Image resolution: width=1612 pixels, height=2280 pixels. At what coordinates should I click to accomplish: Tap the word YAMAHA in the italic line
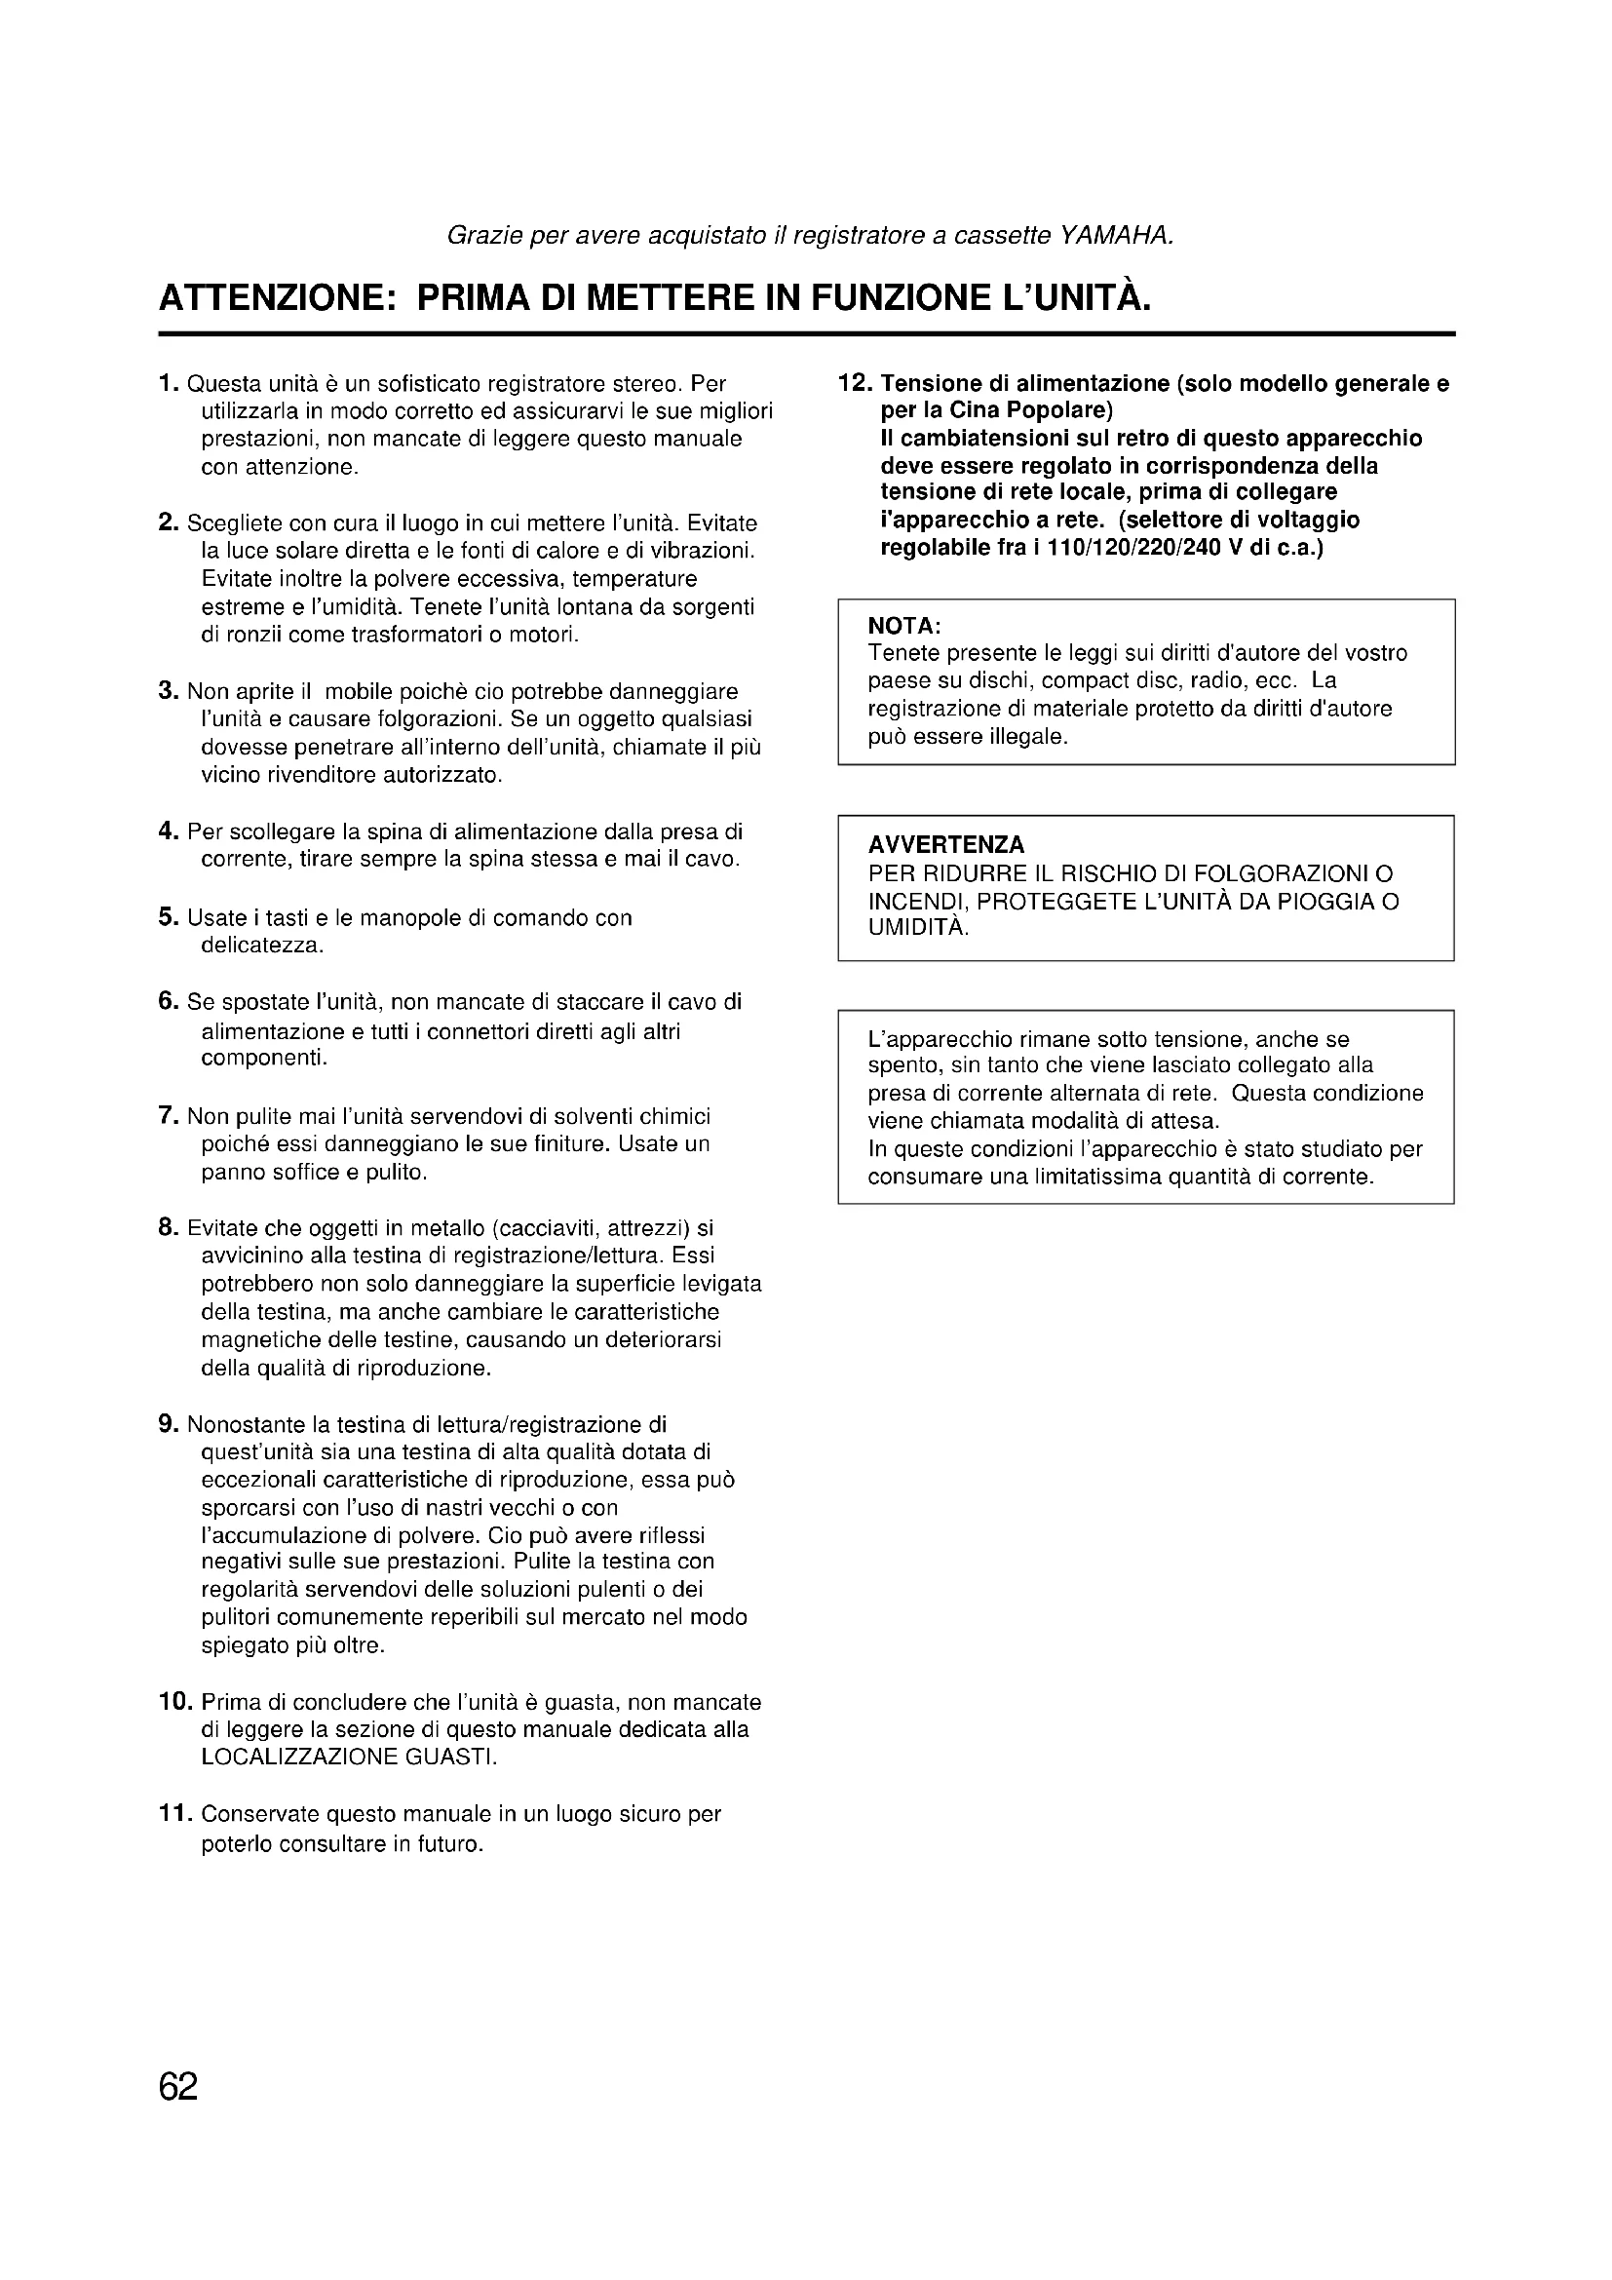[1117, 236]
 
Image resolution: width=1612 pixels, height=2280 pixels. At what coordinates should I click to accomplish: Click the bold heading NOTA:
[904, 627]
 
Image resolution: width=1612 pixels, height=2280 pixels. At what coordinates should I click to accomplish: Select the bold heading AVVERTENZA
[946, 845]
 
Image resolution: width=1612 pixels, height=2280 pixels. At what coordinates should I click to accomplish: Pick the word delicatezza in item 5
[262, 946]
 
